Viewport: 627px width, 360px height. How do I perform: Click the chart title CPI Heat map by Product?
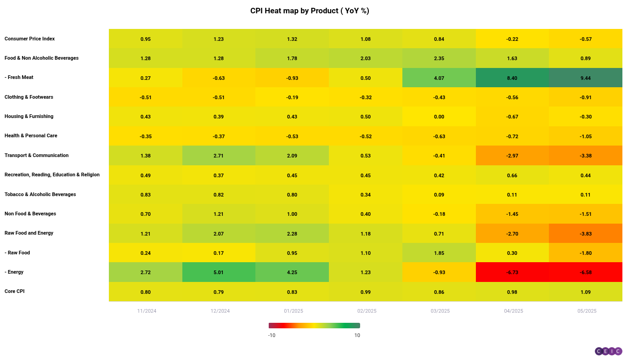pyautogui.click(x=310, y=11)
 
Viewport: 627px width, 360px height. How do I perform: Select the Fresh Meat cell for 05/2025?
pyautogui.click(x=585, y=78)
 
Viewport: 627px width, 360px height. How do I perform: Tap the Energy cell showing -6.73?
pyautogui.click(x=512, y=272)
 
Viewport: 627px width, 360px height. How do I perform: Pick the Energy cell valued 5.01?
pyautogui.click(x=219, y=272)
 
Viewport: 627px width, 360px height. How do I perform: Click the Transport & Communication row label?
pyautogui.click(x=37, y=156)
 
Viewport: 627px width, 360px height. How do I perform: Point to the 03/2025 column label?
pyautogui.click(x=440, y=311)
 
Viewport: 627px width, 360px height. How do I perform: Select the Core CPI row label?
pyautogui.click(x=15, y=292)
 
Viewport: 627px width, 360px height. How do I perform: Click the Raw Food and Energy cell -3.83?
pyautogui.click(x=585, y=234)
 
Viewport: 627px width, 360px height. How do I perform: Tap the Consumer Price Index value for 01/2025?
pyautogui.click(x=292, y=39)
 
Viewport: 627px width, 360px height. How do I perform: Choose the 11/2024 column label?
pyautogui.click(x=147, y=311)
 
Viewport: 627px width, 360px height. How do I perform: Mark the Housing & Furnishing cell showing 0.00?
pyautogui.click(x=439, y=117)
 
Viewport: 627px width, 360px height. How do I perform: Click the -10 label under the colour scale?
pyautogui.click(x=271, y=335)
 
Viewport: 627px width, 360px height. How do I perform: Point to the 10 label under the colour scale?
pyautogui.click(x=357, y=335)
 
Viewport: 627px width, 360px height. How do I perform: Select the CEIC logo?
pyautogui.click(x=608, y=351)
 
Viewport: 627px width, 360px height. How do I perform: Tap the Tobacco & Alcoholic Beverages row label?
pyautogui.click(x=40, y=195)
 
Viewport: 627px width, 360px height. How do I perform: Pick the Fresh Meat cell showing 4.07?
pyautogui.click(x=439, y=78)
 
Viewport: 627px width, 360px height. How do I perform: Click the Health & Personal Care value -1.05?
pyautogui.click(x=585, y=136)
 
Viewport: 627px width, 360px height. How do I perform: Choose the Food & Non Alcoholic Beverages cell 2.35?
pyautogui.click(x=439, y=58)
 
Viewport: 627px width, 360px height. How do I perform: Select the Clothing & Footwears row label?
pyautogui.click(x=29, y=97)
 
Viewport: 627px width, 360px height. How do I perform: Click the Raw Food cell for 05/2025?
pyautogui.click(x=585, y=253)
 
